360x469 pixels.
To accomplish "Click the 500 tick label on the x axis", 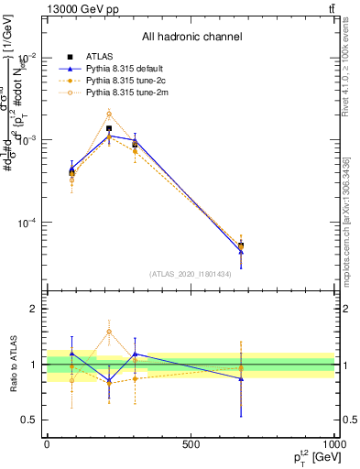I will (x=191, y=442).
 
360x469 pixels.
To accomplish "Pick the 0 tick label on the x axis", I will (x=47, y=442).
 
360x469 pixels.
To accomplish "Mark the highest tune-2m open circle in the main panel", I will (x=109, y=114).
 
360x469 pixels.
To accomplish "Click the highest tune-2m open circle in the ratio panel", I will (x=109, y=332).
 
